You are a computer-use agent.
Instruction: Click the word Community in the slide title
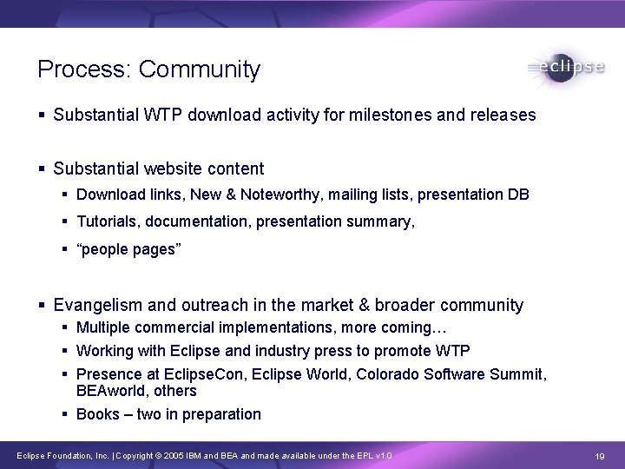[199, 69]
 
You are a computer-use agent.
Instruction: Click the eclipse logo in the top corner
[565, 67]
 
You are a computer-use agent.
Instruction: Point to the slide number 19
[599, 456]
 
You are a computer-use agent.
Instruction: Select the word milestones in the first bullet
[386, 115]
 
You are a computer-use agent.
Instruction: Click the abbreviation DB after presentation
[518, 195]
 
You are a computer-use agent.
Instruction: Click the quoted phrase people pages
[128, 250]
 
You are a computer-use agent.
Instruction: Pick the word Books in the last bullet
[97, 414]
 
